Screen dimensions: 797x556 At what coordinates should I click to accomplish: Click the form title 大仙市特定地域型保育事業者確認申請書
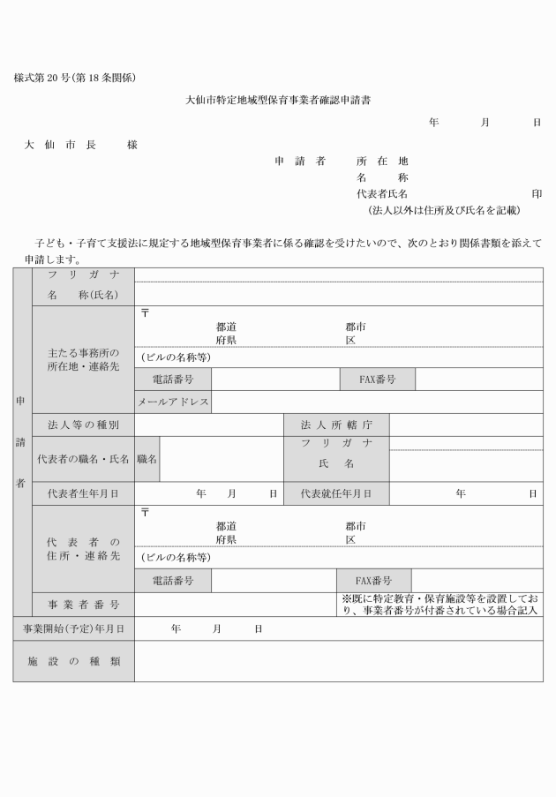[x=277, y=100]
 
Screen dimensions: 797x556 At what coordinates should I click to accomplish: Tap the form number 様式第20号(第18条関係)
[x=74, y=79]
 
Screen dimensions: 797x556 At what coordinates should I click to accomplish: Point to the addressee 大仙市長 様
[x=81, y=145]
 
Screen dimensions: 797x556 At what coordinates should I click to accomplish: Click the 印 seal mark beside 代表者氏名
[x=537, y=194]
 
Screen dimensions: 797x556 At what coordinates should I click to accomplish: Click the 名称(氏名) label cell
[x=83, y=294]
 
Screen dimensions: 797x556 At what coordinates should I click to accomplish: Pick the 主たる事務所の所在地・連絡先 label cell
[x=83, y=359]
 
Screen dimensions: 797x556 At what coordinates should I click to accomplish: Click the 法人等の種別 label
[x=83, y=425]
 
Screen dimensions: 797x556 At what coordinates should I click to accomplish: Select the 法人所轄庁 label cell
[x=336, y=425]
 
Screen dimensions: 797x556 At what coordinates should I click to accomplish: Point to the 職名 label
[x=147, y=459]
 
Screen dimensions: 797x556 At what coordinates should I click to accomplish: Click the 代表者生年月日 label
[x=83, y=493]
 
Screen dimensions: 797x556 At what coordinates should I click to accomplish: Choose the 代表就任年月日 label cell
[x=336, y=493]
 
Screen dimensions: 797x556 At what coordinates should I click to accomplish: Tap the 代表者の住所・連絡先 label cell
[x=83, y=548]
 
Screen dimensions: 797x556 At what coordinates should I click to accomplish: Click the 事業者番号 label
[x=83, y=605]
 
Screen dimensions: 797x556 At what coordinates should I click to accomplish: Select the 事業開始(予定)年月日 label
[x=74, y=628]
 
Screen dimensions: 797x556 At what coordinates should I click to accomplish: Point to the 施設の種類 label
[x=74, y=661]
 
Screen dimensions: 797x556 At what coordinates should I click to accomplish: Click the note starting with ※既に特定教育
[x=441, y=605]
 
